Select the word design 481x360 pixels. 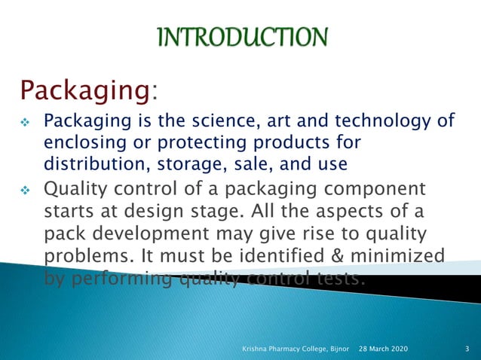pos(170,210)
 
